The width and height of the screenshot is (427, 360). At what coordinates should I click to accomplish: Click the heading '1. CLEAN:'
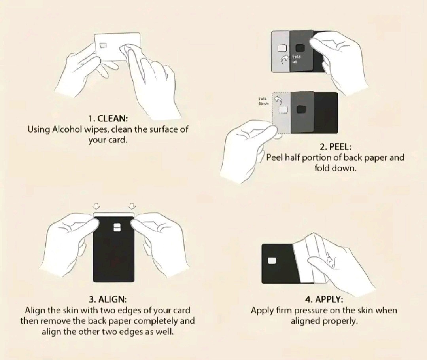pyautogui.click(x=108, y=118)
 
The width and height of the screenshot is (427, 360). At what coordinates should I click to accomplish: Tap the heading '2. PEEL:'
pyautogui.click(x=336, y=147)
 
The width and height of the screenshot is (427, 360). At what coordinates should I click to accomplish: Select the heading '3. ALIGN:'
pyautogui.click(x=108, y=299)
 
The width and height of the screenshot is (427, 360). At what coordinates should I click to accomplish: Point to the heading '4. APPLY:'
pyautogui.click(x=324, y=299)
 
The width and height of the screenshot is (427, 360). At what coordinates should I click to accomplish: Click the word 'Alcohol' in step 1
pyautogui.click(x=67, y=129)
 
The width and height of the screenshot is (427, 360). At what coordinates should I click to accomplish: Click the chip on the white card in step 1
pyautogui.click(x=103, y=45)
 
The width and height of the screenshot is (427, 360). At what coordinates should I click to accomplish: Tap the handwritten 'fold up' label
pyautogui.click(x=296, y=59)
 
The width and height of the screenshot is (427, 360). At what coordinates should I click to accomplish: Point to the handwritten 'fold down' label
pyautogui.click(x=263, y=101)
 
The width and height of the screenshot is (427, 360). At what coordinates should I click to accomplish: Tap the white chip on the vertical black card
pyautogui.click(x=117, y=227)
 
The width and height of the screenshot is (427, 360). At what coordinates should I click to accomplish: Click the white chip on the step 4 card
pyautogui.click(x=272, y=261)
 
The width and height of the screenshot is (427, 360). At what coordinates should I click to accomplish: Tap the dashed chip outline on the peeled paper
pyautogui.click(x=283, y=110)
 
